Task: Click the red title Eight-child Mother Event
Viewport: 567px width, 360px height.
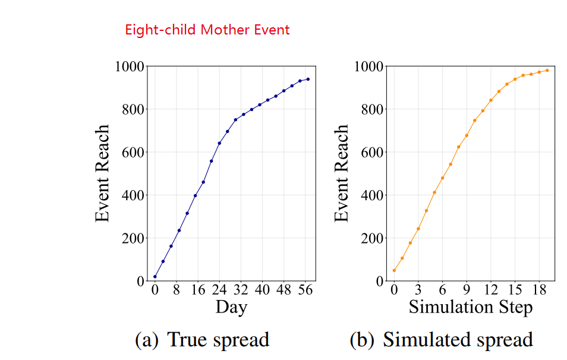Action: point(207,30)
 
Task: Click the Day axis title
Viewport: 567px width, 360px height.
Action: point(231,307)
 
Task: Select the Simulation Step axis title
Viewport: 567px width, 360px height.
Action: point(470,307)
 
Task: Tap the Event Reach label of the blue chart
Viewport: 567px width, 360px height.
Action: point(103,173)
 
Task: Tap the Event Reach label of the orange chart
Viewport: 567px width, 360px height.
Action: point(342,173)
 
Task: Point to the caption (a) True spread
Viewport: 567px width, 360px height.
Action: point(202,340)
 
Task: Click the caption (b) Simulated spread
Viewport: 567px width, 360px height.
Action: point(441,340)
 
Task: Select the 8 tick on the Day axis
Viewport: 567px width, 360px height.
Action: point(177,290)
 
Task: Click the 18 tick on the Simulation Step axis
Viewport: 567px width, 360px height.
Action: point(539,290)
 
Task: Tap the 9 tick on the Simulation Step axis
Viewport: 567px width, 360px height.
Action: point(467,290)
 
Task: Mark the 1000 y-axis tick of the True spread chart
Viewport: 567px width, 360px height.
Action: point(129,67)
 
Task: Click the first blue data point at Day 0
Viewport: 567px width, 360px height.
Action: point(155,276)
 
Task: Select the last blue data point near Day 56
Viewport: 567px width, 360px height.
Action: point(308,79)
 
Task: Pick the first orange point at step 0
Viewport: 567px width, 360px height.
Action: point(394,270)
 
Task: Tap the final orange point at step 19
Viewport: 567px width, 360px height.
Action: point(547,70)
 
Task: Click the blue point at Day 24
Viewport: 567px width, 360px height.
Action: point(219,143)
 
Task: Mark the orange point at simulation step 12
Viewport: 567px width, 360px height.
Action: point(491,100)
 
